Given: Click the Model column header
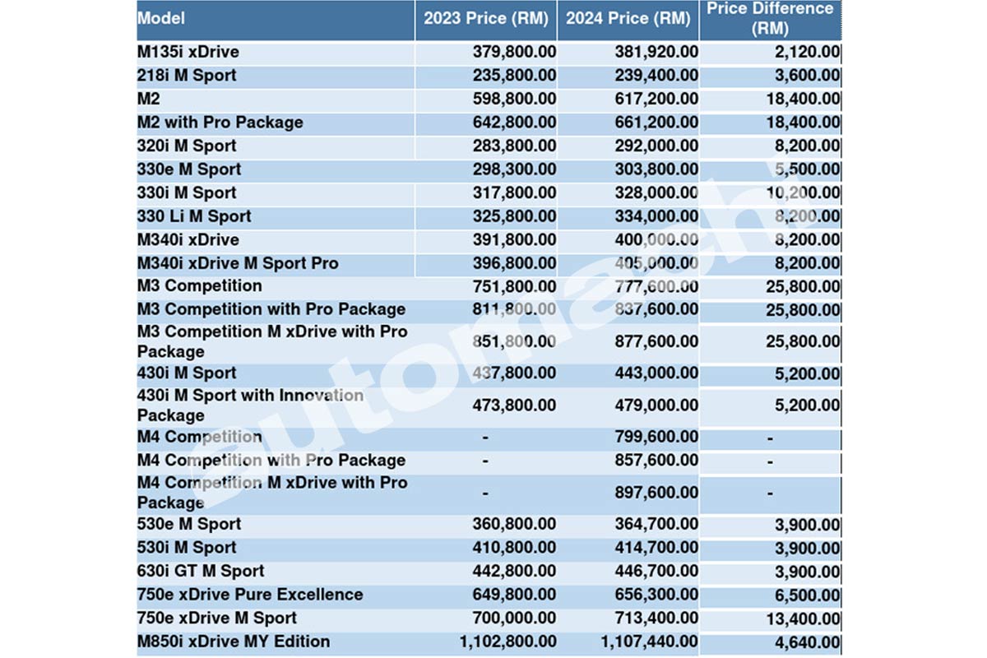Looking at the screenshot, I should pyautogui.click(x=161, y=18).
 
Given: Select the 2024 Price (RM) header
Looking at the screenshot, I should pyautogui.click(x=628, y=18).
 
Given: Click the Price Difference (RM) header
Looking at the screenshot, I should pyautogui.click(x=770, y=18).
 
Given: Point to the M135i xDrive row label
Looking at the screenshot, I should pyautogui.click(x=188, y=52).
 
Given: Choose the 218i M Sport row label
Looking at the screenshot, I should pyautogui.click(x=186, y=76).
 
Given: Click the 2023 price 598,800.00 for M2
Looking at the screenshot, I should pyautogui.click(x=514, y=99).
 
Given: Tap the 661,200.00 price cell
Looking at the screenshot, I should pyautogui.click(x=656, y=123).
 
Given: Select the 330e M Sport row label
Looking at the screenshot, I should pyautogui.click(x=188, y=169).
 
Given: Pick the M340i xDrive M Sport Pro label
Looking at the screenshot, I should pyautogui.click(x=238, y=263).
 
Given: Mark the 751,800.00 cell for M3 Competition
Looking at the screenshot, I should pyautogui.click(x=514, y=286).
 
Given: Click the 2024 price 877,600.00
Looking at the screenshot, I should pyautogui.click(x=656, y=341).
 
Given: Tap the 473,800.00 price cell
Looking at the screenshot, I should pyautogui.click(x=514, y=405).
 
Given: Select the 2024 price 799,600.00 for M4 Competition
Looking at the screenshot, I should pyautogui.click(x=656, y=437).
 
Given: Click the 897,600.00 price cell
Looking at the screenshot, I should pyautogui.click(x=656, y=493).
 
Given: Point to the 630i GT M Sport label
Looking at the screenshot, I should pyautogui.click(x=201, y=571).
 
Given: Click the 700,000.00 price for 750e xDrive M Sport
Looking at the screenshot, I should pyautogui.click(x=514, y=619).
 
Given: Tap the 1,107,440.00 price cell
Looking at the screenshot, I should pyautogui.click(x=649, y=642).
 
